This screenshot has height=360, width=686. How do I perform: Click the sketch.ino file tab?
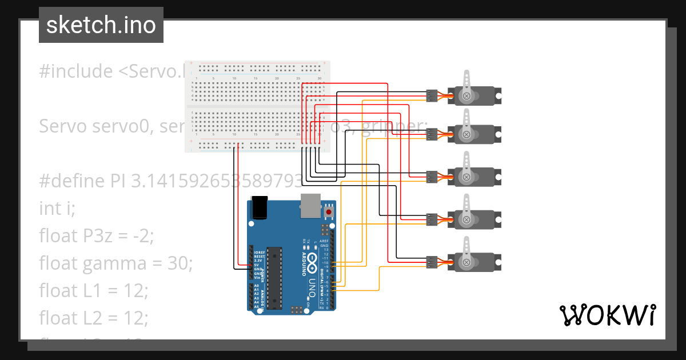[101, 25]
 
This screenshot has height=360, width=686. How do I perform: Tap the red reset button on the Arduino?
[329, 212]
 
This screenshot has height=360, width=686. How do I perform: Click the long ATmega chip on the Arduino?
[275, 277]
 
